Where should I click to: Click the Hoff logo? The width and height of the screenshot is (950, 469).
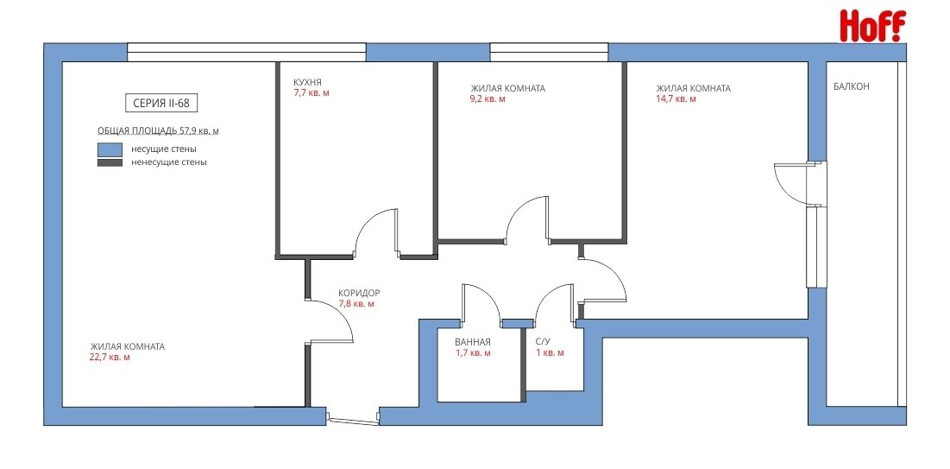point(872,26)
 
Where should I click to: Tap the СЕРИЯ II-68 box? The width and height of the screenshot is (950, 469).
point(161,103)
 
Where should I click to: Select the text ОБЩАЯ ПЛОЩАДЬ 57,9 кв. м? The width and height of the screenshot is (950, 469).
point(158,130)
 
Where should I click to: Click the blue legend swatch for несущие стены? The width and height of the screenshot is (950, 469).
point(110,149)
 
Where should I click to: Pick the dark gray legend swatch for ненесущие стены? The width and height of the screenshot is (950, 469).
point(110,162)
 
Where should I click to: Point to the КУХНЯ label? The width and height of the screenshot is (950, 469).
point(307,83)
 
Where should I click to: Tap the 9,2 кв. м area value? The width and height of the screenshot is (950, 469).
point(488,98)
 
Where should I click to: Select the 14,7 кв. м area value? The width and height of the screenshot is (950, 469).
point(676,98)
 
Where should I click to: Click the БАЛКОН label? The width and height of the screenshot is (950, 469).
point(852,86)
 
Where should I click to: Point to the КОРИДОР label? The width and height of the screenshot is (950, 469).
point(359,293)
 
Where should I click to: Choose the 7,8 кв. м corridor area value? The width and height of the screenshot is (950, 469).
point(356,303)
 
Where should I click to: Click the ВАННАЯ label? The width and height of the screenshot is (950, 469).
point(473,341)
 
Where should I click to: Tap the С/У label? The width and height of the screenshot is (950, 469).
point(542,341)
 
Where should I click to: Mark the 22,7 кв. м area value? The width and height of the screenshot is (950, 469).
point(109,358)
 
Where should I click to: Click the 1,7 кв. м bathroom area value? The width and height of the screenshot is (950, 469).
point(473,352)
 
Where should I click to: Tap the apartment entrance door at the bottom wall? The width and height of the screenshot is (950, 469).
point(353,418)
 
